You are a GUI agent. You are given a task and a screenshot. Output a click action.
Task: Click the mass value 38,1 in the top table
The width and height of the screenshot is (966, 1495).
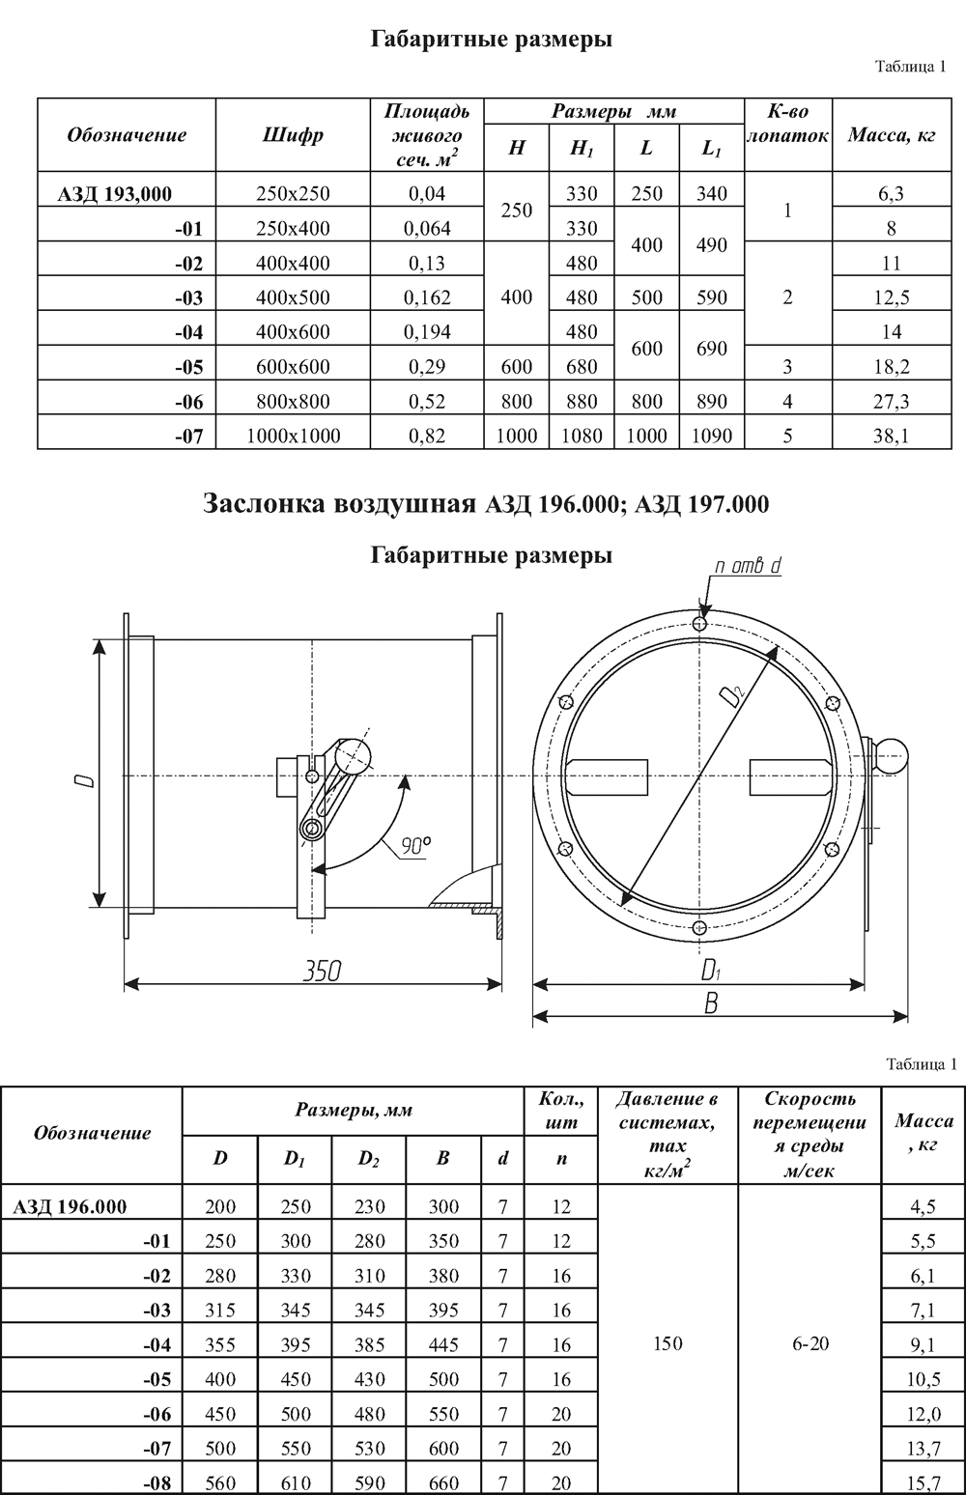(891, 436)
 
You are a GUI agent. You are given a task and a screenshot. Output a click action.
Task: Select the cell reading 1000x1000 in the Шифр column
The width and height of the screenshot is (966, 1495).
(294, 436)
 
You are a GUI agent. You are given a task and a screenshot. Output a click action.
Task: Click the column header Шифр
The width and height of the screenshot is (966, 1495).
(293, 135)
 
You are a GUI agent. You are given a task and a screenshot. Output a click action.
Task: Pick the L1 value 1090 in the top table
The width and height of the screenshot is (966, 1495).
(711, 436)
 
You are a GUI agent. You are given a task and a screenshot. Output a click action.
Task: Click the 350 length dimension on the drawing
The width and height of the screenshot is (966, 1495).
(321, 971)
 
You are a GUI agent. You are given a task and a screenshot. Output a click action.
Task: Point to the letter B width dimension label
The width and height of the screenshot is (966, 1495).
(711, 1004)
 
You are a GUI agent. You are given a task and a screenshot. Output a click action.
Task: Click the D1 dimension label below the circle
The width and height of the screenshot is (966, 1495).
(712, 970)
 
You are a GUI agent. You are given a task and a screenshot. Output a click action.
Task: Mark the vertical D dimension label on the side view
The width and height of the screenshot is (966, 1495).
(85, 776)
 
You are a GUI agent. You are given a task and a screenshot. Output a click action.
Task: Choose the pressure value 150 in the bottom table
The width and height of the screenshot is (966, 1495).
(668, 1343)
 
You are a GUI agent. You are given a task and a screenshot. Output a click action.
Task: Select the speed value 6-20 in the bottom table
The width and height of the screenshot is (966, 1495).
(810, 1343)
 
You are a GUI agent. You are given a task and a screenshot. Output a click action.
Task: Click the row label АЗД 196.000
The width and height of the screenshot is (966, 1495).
(70, 1205)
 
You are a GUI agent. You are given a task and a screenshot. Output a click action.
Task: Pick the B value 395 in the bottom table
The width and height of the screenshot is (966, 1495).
(443, 1310)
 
